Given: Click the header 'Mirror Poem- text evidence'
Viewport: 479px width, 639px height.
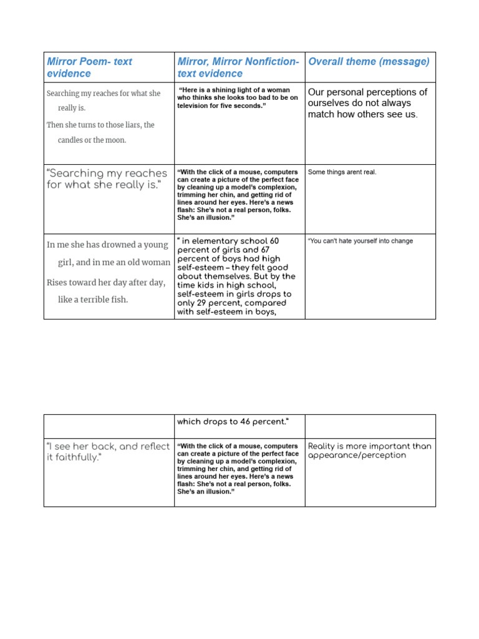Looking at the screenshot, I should coord(89,67).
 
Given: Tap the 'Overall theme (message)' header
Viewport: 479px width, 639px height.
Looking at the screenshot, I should coord(369,61).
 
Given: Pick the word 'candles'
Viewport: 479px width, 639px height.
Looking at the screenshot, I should coord(73,140).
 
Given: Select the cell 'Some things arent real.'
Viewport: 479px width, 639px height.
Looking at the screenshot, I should coord(342,172).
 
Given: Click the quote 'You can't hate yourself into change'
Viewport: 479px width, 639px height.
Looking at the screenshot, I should coord(360,241).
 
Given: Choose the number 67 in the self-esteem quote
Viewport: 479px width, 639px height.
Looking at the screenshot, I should coord(264,250).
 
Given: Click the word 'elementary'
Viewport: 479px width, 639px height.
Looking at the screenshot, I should coord(221,241).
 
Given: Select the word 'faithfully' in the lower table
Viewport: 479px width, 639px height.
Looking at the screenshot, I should coord(78,457).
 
